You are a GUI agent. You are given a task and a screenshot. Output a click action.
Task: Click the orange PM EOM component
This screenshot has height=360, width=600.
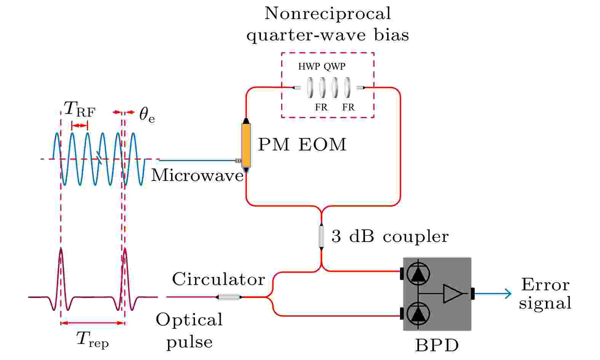tap(246, 145)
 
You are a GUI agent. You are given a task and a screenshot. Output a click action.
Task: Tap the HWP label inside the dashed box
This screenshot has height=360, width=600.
tap(309, 66)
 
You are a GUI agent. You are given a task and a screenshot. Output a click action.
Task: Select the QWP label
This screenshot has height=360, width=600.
tap(334, 66)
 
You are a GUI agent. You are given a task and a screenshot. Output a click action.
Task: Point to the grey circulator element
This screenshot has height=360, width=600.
tap(229, 297)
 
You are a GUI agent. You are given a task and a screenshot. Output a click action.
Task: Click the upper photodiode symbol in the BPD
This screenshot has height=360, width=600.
tap(418, 274)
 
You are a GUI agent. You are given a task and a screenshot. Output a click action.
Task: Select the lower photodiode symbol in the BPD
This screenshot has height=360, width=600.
tap(418, 314)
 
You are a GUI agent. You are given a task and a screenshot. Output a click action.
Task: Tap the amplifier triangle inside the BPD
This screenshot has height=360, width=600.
tap(453, 294)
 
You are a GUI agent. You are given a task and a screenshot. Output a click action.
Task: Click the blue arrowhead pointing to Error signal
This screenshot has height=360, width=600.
tap(508, 294)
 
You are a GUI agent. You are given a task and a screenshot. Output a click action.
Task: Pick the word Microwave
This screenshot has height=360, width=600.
tap(197, 176)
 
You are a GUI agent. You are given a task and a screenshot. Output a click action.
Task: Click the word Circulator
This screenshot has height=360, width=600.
tap(219, 279)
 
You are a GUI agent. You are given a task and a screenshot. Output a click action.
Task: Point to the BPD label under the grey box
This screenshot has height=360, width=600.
tap(437, 346)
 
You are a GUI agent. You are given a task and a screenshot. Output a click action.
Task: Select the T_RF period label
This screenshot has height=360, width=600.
tap(80, 109)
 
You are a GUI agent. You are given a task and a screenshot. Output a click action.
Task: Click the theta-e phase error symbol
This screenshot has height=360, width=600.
tap(147, 115)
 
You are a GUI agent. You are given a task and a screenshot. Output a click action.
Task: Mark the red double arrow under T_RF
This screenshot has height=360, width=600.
tap(80, 125)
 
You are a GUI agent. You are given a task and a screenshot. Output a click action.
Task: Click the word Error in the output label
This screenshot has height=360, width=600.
tap(546, 285)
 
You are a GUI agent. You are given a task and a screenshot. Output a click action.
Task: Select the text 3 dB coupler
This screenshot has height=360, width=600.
tap(390, 237)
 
